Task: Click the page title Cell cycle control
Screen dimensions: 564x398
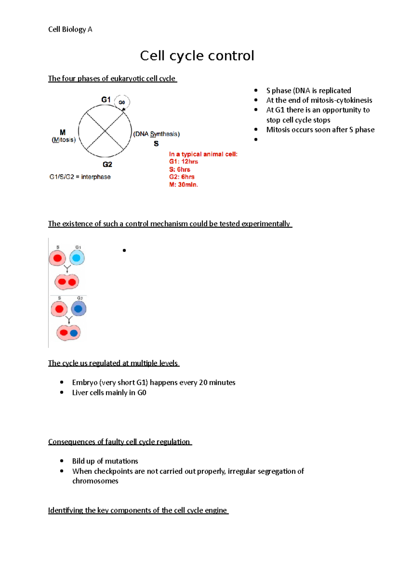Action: point(197,56)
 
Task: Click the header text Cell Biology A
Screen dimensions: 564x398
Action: point(70,30)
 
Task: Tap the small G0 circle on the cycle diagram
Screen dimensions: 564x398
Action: point(122,102)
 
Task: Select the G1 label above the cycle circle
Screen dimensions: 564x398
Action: point(106,100)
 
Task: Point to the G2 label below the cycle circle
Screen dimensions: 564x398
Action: point(107,164)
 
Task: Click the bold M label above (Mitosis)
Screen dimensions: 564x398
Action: point(63,132)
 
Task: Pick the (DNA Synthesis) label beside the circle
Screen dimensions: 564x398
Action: point(156,134)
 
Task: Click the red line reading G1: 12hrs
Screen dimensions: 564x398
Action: point(183,162)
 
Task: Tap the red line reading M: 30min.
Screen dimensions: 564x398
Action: point(183,185)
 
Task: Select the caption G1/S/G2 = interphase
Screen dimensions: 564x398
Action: point(80,177)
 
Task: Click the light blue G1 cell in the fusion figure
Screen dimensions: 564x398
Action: point(77,258)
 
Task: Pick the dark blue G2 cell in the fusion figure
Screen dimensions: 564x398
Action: point(78,309)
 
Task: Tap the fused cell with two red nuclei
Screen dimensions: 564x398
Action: point(67,282)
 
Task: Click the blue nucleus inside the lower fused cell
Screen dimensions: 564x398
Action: point(74,332)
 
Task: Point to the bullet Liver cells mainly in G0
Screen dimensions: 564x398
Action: point(109,393)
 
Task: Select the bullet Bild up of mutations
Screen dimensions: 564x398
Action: point(105,461)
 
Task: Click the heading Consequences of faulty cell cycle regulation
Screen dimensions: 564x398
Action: point(119,442)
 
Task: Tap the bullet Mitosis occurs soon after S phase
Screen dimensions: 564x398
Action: point(320,130)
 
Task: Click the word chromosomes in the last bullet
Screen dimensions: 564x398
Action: point(95,481)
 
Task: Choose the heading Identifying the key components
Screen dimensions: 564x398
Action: point(138,510)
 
